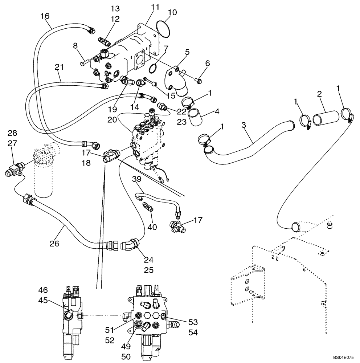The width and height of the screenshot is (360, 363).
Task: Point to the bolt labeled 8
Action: coord(83,64)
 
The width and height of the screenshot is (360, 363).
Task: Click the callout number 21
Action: coord(60,67)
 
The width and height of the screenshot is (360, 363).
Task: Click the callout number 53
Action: coord(193,322)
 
